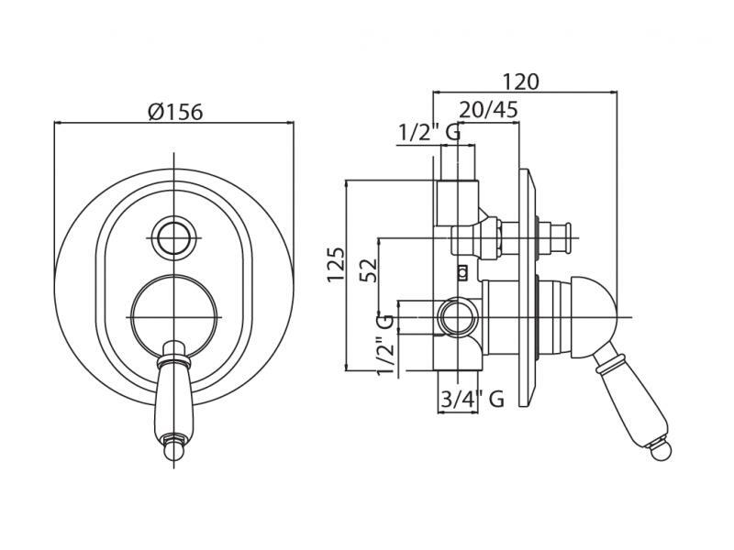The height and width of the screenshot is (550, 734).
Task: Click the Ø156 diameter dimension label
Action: point(174,112)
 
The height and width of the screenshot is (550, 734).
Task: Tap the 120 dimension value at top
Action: point(520,81)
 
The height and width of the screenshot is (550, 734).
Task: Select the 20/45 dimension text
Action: point(488,110)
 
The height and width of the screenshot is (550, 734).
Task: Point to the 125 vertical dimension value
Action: point(336,264)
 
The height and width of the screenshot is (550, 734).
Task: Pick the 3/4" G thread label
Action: point(472,400)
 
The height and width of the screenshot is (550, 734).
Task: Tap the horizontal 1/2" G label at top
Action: point(428,134)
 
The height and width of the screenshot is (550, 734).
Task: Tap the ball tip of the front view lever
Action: point(173,451)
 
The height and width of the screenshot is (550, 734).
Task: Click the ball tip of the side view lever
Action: point(663,449)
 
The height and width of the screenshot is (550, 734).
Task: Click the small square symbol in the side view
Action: point(462,270)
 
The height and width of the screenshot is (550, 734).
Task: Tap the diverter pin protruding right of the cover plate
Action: point(557,238)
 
